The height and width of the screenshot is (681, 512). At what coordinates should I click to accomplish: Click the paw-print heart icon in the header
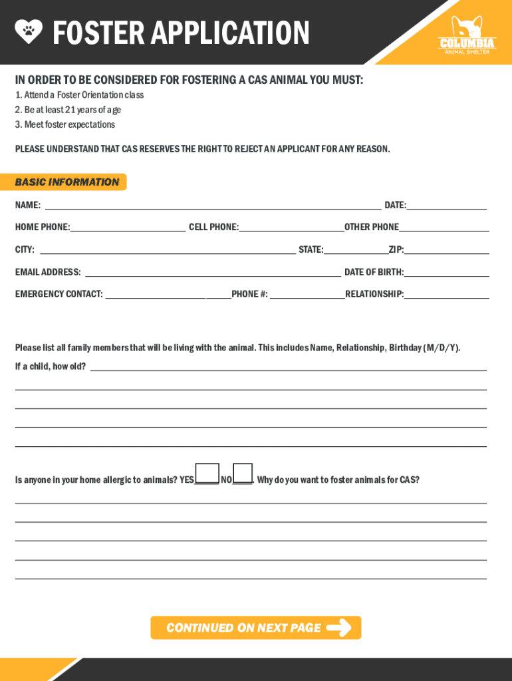[x=29, y=30]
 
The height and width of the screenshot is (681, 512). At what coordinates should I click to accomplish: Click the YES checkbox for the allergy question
[x=207, y=473]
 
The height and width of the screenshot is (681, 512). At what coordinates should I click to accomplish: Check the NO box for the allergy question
[x=243, y=473]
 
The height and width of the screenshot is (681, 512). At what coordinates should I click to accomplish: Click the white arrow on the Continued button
[x=339, y=628]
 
